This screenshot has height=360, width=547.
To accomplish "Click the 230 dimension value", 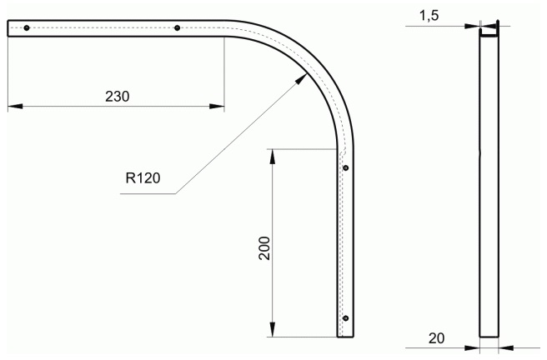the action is tap(118, 97).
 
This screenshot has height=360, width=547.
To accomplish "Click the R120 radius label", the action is tap(143, 178).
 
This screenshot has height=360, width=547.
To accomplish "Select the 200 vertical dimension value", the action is tap(265, 248).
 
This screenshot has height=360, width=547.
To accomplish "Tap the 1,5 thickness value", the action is tap(429, 16).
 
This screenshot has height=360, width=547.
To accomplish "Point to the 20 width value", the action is tap(436, 338).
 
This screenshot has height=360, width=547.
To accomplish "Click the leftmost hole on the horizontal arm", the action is tap(27, 27).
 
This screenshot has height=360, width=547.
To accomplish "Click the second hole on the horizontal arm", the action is tap(178, 27).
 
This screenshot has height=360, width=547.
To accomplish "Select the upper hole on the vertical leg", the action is tap(346, 168).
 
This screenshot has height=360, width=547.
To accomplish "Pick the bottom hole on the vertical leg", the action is tap(346, 318).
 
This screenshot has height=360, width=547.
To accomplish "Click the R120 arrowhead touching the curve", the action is tap(301, 79).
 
